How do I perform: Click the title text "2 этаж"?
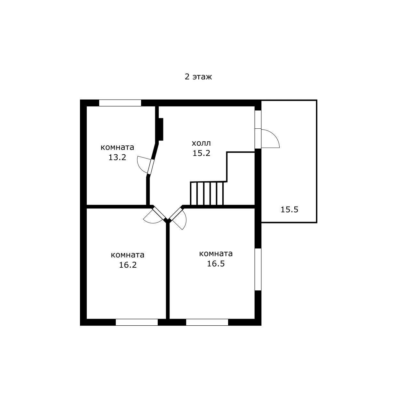198,77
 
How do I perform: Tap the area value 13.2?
117,158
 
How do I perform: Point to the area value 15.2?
201,153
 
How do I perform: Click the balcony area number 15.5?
289,210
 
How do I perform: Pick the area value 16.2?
128,265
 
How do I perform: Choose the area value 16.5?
216,264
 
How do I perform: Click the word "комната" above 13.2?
117,148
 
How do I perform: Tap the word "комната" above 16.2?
128,255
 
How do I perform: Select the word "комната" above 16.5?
216,254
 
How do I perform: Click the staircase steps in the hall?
207,193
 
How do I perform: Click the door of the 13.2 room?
151,167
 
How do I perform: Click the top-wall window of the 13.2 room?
120,103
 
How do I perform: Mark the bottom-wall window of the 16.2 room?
137,322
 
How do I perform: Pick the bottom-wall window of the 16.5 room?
207,322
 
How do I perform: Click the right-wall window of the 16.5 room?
258,269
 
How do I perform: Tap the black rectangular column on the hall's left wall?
161,129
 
